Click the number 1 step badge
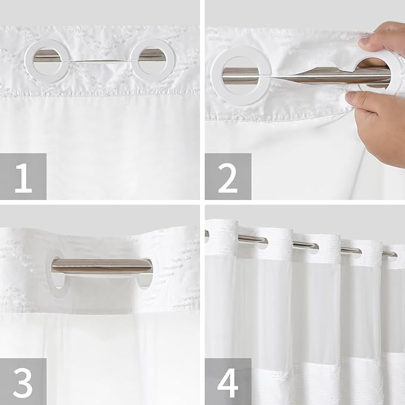(23, 176)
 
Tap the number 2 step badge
(228, 176)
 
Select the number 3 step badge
(23, 381)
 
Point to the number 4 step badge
(228, 381)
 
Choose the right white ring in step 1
(152, 60)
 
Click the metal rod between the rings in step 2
(298, 76)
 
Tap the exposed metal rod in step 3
(101, 265)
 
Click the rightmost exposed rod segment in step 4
(389, 253)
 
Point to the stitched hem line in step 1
(100, 92)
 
